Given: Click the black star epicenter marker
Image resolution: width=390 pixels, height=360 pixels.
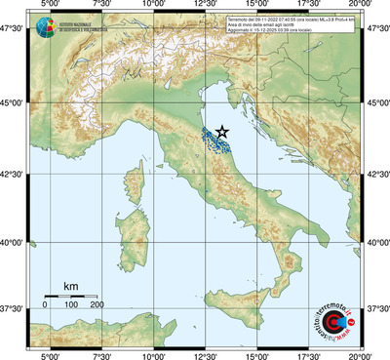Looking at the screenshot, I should coord(222,131).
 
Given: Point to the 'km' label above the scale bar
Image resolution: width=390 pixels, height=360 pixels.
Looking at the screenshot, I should coord(70,286).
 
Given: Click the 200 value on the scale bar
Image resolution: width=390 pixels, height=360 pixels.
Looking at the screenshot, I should coord(97,305).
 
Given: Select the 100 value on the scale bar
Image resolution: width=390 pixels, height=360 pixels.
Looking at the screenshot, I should coord(71,305).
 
